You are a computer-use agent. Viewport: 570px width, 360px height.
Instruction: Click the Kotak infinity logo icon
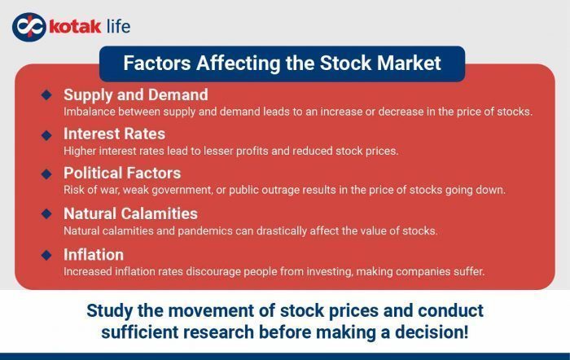[26, 26]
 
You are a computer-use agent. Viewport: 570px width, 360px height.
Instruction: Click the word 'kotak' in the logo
[74, 26]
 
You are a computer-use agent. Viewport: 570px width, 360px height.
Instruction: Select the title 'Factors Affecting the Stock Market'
[282, 63]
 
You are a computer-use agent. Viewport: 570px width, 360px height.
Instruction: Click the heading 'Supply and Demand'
[135, 94]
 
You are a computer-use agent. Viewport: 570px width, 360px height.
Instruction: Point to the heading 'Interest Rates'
[114, 134]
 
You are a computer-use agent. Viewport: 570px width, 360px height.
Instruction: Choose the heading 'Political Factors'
[122, 173]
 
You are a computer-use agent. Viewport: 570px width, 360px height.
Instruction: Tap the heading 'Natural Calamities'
[130, 213]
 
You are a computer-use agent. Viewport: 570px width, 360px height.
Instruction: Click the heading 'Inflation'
[94, 254]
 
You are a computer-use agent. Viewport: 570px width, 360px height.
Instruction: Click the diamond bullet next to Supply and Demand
[46, 94]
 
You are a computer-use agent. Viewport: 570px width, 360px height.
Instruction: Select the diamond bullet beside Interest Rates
[46, 134]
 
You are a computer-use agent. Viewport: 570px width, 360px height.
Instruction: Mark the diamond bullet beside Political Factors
[46, 173]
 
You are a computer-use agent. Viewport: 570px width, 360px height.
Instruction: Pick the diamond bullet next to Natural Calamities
[46, 213]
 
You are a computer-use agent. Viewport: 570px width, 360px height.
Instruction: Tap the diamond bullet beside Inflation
[46, 254]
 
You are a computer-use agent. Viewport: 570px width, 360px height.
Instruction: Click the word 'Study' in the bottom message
[112, 310]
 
